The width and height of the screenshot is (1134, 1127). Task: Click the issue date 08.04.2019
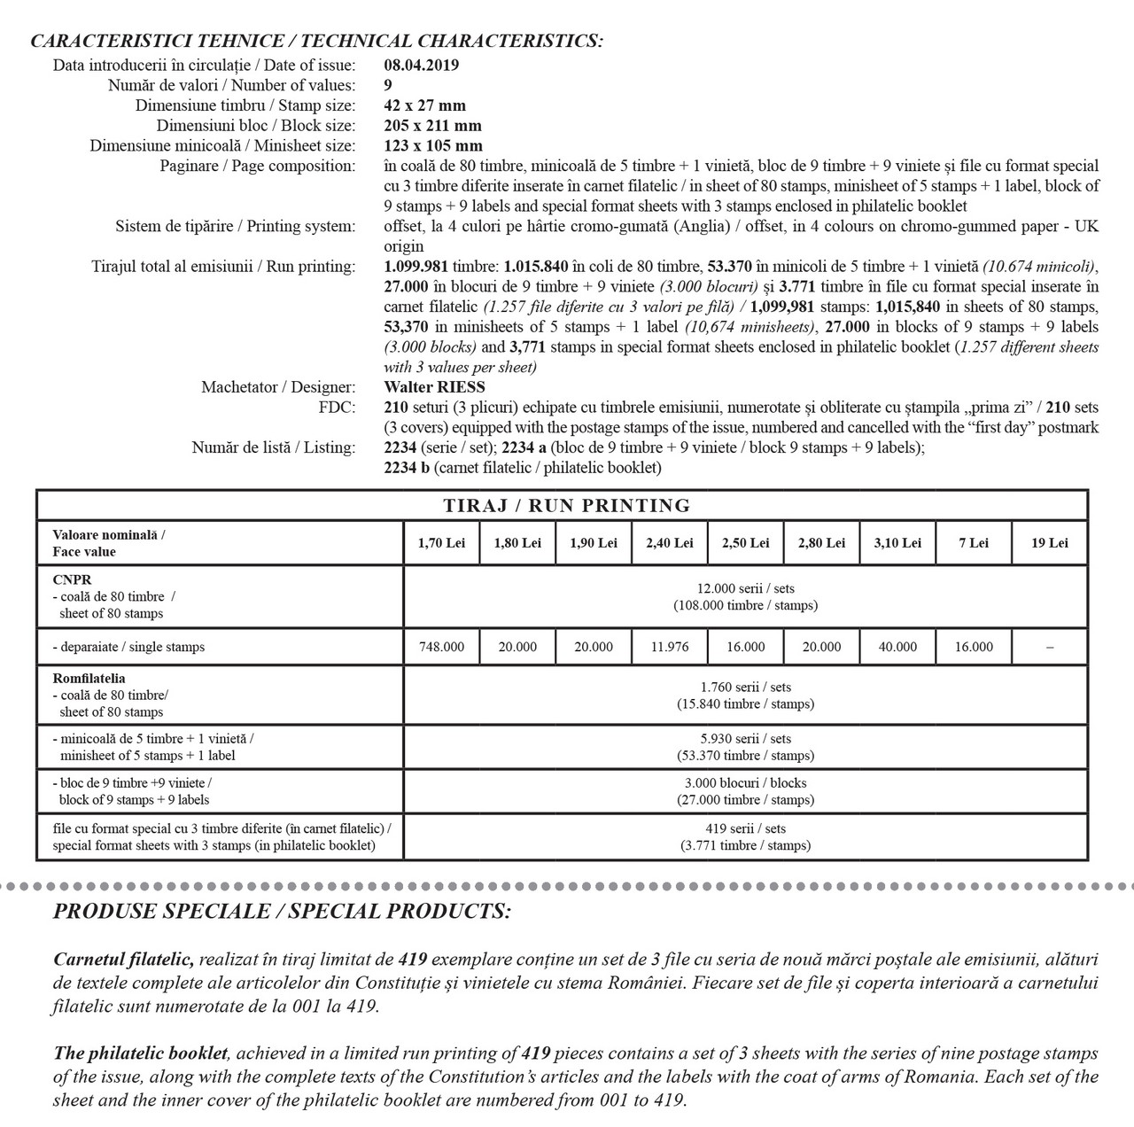click(422, 65)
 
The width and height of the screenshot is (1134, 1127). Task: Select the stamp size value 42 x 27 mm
click(425, 105)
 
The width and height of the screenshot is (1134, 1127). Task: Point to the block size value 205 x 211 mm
click(433, 126)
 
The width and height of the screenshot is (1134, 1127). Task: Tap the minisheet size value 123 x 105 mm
click(433, 146)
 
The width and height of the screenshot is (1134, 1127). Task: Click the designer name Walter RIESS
click(435, 387)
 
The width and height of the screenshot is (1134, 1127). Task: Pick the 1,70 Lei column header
click(441, 543)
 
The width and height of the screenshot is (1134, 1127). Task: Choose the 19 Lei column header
click(1049, 543)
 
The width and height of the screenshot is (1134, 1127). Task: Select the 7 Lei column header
click(974, 543)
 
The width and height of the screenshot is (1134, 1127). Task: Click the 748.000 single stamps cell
click(441, 647)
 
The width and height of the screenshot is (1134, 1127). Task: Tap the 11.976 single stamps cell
click(669, 647)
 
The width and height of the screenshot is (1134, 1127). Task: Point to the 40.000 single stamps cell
click(897, 647)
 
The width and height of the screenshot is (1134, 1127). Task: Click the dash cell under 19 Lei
click(1049, 647)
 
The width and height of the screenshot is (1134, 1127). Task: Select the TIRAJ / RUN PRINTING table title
click(567, 506)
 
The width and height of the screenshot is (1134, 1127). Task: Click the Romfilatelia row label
click(89, 679)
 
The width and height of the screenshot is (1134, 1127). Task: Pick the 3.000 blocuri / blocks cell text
click(745, 783)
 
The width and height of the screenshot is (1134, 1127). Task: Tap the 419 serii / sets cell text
click(745, 829)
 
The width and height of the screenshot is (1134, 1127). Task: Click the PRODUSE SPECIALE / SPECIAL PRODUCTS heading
click(282, 912)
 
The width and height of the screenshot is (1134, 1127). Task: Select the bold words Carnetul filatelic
click(124, 960)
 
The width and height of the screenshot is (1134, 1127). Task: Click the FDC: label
click(338, 408)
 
